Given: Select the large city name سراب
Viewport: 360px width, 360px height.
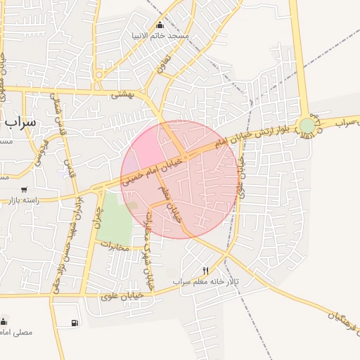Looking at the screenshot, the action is tap(19, 120).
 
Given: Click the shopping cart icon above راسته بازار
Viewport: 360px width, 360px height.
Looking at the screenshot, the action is tap(25, 190).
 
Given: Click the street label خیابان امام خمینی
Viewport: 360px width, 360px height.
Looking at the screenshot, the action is tap(152, 171).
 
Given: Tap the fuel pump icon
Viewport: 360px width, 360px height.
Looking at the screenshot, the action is tap(74, 323).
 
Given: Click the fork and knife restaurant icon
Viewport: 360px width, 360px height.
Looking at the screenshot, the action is tap(205, 271).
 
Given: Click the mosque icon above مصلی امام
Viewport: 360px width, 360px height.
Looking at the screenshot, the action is tap(6, 320).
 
